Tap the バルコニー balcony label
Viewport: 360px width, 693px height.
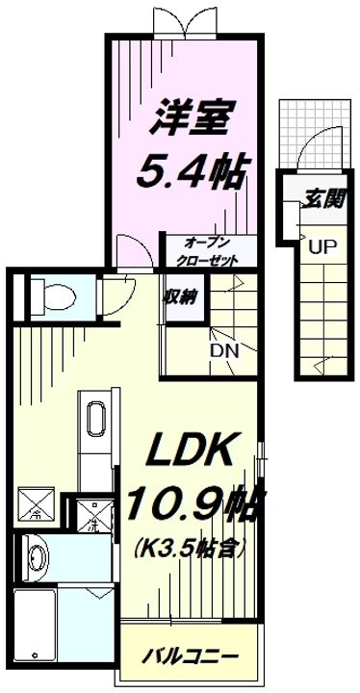click(191, 658)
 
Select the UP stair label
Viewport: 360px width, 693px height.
click(321, 245)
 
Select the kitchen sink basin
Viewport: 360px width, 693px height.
click(96, 419)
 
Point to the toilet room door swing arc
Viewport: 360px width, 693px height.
click(119, 294)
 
